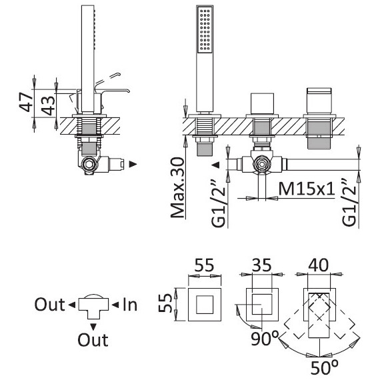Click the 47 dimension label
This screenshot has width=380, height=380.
(x=26, y=102)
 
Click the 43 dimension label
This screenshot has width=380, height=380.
(x=48, y=105)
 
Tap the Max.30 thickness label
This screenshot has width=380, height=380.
(x=177, y=188)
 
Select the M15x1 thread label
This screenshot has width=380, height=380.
(x=307, y=189)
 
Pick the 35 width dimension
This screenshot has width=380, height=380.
(x=262, y=265)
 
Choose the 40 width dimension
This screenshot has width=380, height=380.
(x=319, y=265)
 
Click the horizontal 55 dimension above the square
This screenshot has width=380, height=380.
(x=205, y=265)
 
